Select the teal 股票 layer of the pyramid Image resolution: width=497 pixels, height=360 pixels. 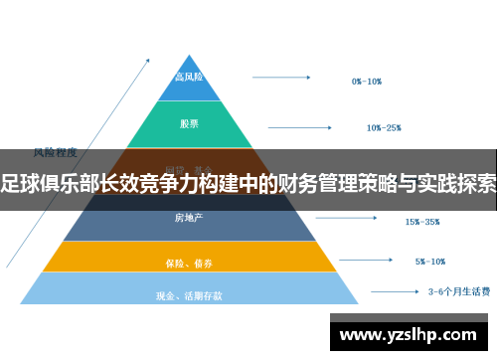click(190, 124)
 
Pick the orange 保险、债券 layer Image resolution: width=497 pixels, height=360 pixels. click(189, 262)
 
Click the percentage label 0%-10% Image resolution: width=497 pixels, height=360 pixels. click(367, 81)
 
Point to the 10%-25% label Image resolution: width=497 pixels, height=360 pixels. click(383, 127)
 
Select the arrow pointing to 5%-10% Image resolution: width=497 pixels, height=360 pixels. click(366, 262)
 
